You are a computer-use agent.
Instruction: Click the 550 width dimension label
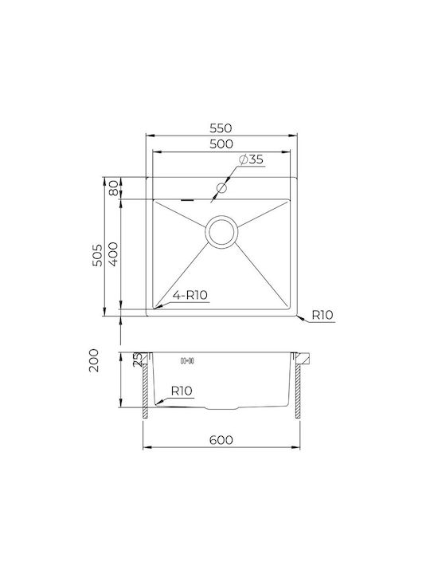(x=221, y=128)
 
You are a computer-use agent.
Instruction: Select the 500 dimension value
(x=221, y=143)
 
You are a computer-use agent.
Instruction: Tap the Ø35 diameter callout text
(x=251, y=159)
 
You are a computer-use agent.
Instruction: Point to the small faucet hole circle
(x=221, y=188)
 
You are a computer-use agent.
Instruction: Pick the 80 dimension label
(x=114, y=188)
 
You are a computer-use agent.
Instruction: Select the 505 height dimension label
(x=97, y=255)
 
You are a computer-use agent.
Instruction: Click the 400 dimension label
(x=113, y=254)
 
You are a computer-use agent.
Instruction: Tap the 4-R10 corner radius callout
(x=190, y=295)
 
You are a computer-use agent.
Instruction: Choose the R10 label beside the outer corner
(x=322, y=315)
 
